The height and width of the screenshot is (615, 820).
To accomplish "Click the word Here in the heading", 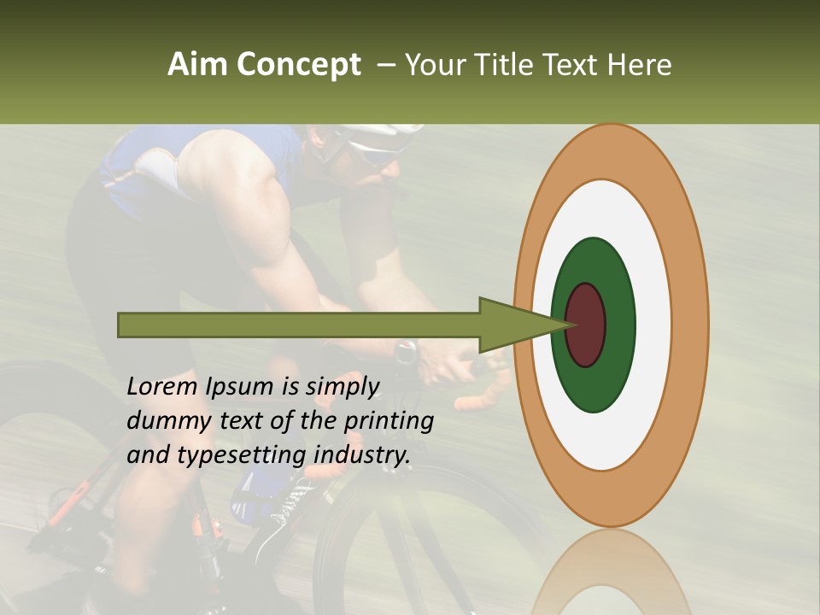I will tap(639, 65).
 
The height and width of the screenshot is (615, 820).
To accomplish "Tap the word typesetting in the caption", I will tap(243, 456).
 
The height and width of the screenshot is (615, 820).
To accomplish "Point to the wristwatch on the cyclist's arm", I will tap(407, 350).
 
